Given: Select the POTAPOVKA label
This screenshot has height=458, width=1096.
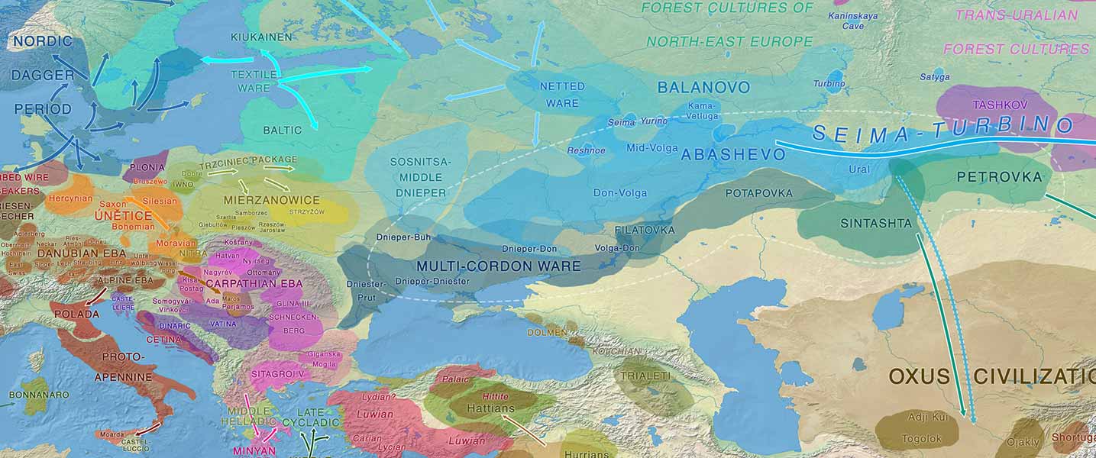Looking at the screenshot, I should tap(759, 193).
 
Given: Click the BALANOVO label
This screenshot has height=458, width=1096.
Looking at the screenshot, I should tap(703, 88).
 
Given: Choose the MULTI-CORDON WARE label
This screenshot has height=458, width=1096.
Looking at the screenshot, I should tap(498, 266).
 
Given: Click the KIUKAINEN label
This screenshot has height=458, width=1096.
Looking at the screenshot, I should tap(261, 37).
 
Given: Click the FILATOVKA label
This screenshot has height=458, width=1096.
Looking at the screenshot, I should tap(645, 229).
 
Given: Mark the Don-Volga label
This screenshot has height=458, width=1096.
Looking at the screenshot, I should tap(619, 193).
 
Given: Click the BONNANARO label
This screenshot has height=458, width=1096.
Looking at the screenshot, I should tap(38, 395).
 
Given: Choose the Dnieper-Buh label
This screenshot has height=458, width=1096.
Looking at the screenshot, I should tap(403, 237).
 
